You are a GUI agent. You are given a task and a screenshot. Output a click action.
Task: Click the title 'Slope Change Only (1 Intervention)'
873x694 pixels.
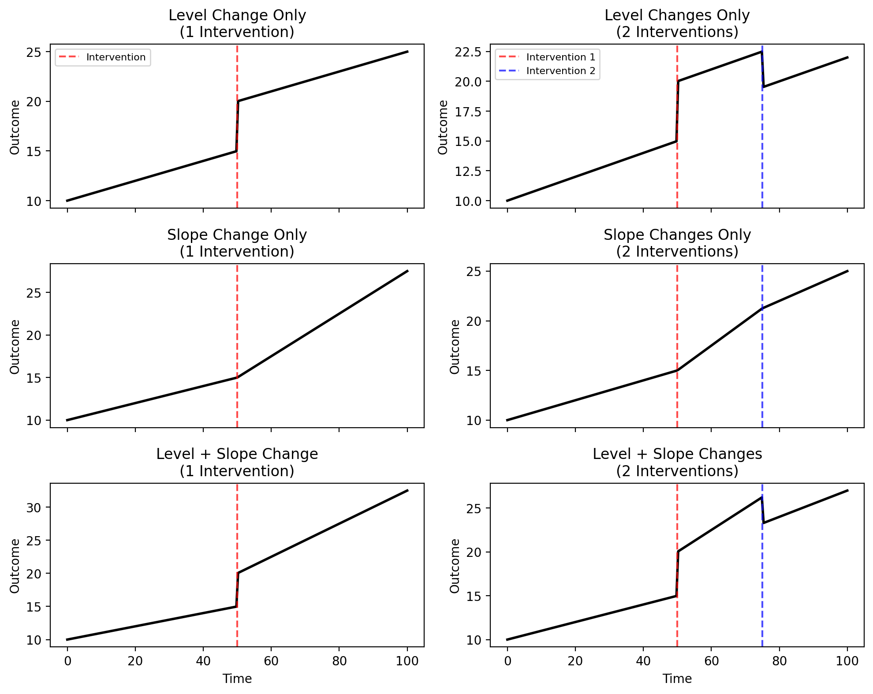click(x=237, y=243)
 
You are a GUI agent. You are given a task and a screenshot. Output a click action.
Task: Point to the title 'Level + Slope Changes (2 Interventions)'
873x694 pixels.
click(x=677, y=463)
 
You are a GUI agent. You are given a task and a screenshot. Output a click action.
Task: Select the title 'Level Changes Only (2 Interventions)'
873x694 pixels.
click(x=677, y=23)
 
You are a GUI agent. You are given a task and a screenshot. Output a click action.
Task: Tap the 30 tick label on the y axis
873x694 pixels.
click(x=34, y=507)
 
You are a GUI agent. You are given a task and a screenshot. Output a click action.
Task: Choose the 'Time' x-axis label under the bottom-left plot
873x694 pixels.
click(x=237, y=679)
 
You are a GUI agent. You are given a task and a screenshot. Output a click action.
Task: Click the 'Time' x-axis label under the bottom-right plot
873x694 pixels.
click(x=677, y=679)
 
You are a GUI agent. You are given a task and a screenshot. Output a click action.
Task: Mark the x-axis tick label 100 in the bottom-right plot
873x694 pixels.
click(x=847, y=661)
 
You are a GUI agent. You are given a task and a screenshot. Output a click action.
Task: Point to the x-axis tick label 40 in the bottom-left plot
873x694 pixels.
click(x=203, y=661)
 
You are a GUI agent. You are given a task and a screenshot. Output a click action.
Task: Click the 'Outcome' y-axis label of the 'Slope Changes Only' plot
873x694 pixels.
click(x=455, y=347)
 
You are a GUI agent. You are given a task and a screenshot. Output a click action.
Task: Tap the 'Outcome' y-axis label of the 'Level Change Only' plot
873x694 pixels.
click(x=15, y=127)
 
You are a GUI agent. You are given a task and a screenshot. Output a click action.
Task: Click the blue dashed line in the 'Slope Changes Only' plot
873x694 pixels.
click(x=762, y=346)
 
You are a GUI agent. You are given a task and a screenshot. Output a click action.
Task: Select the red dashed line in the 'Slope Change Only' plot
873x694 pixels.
click(x=237, y=346)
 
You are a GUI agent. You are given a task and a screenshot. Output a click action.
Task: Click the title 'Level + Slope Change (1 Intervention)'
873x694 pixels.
click(x=237, y=463)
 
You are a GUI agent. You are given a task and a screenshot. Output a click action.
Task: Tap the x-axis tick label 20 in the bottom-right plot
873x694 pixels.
click(x=575, y=661)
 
